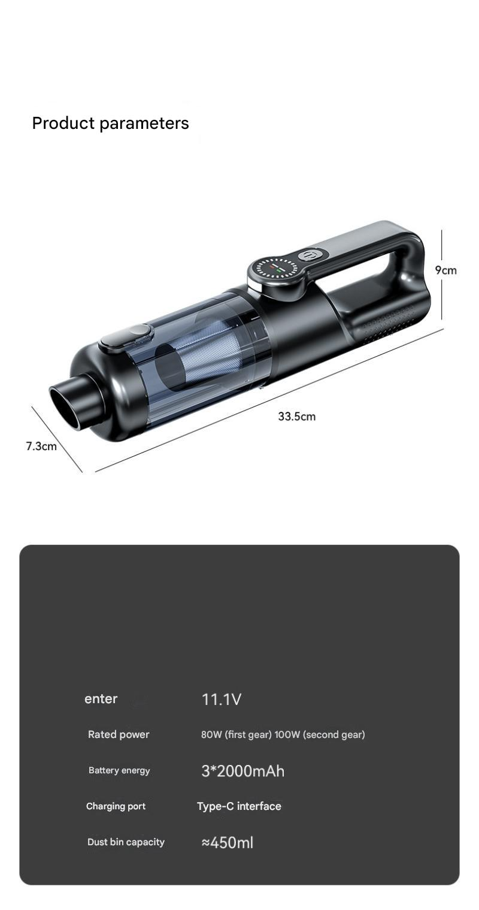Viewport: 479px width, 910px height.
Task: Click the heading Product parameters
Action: click(110, 123)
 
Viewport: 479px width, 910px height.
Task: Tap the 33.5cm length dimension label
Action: click(297, 417)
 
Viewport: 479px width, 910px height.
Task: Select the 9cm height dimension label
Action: click(445, 270)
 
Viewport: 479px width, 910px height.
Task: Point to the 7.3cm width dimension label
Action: click(41, 447)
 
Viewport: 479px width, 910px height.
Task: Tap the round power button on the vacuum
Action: click(310, 257)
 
